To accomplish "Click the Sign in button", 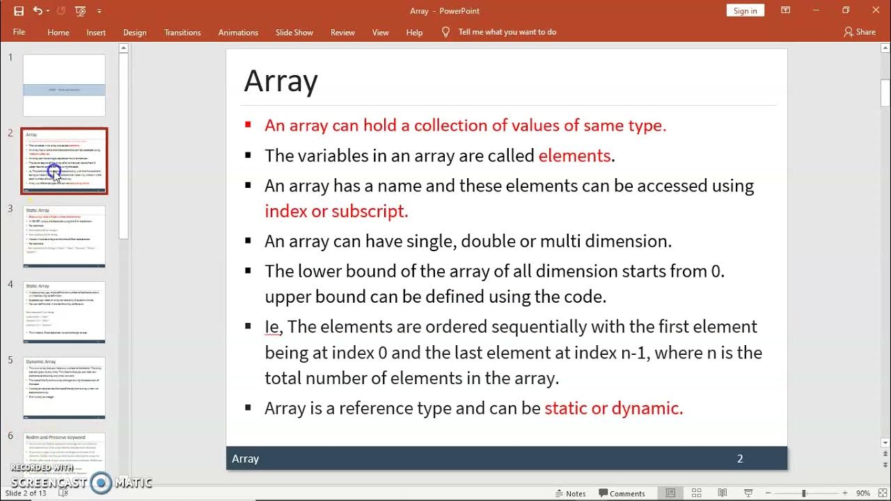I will (745, 10).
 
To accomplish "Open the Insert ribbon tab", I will (96, 33).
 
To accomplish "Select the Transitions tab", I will (182, 33).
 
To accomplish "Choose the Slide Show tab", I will (294, 33).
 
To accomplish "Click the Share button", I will (860, 32).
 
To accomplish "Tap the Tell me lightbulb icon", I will (446, 32).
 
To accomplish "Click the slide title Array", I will (281, 81).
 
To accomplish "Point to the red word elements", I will (574, 156).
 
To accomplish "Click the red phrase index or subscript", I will (336, 211).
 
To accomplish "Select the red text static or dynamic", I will (613, 408).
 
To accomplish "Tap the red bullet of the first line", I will (248, 125).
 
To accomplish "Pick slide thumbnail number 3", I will (64, 236).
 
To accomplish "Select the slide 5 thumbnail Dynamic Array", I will (64, 388).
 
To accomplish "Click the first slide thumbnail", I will (64, 85).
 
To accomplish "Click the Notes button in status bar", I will (570, 493).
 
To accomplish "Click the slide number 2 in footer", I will (740, 459).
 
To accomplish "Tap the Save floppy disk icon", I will (19, 11).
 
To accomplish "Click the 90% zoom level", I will (863, 493).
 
